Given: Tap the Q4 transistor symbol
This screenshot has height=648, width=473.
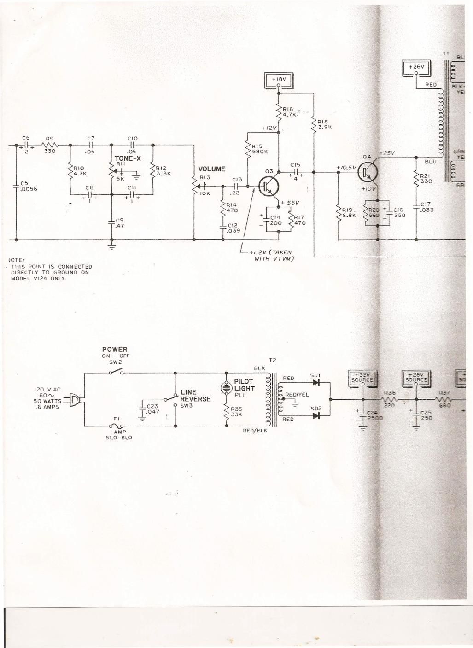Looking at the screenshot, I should tap(368, 172).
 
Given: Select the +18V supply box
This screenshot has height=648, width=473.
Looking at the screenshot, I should tap(279, 80).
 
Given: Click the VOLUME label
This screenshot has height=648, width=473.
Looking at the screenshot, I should tap(211, 169).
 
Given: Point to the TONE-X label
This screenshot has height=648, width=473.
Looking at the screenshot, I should tap(128, 158).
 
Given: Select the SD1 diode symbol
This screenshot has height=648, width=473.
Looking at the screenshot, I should tap(316, 382).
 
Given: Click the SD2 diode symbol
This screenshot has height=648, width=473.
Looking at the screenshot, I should tap(316, 415).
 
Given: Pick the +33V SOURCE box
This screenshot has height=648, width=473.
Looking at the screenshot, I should tap(363, 377).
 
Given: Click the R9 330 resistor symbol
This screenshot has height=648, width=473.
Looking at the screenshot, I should tap(50, 145).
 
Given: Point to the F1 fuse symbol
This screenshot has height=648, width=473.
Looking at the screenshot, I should tap(116, 426).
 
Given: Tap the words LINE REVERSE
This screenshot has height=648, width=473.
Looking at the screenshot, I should tap(195, 396).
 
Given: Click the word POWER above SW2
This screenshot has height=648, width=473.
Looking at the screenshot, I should tap(115, 350).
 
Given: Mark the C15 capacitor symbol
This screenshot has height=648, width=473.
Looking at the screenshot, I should tap(295, 172).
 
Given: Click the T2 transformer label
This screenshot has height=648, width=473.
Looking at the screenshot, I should tap(272, 360).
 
